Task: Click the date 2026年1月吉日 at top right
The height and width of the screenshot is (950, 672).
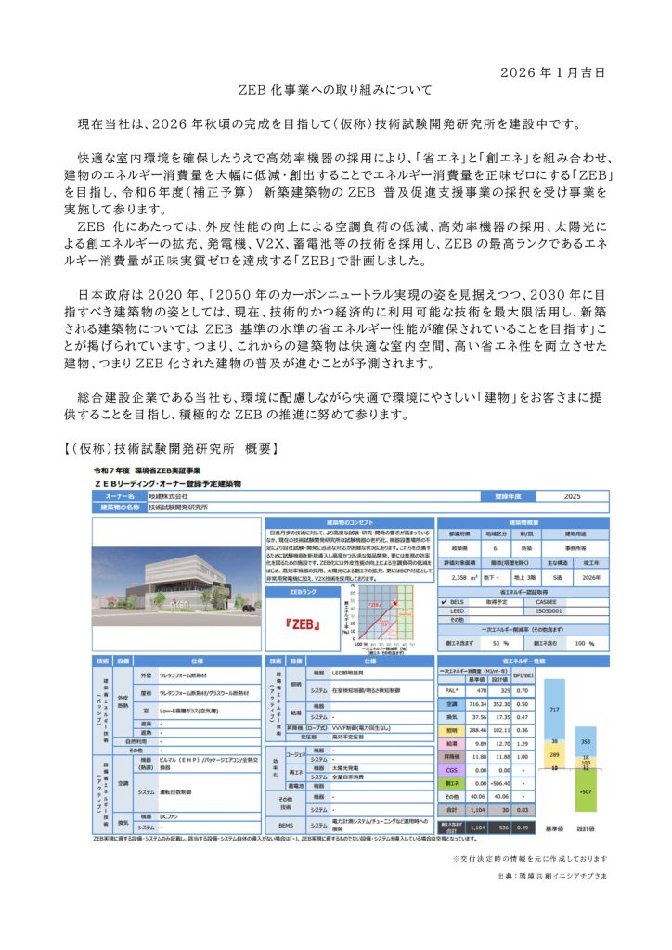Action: pyautogui.click(x=558, y=71)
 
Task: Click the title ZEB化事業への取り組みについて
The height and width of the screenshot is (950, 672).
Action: pyautogui.click(x=335, y=91)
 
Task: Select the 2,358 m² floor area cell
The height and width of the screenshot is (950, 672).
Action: pyautogui.click(x=458, y=576)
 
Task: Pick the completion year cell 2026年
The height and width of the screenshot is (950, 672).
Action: pyautogui.click(x=587, y=576)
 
